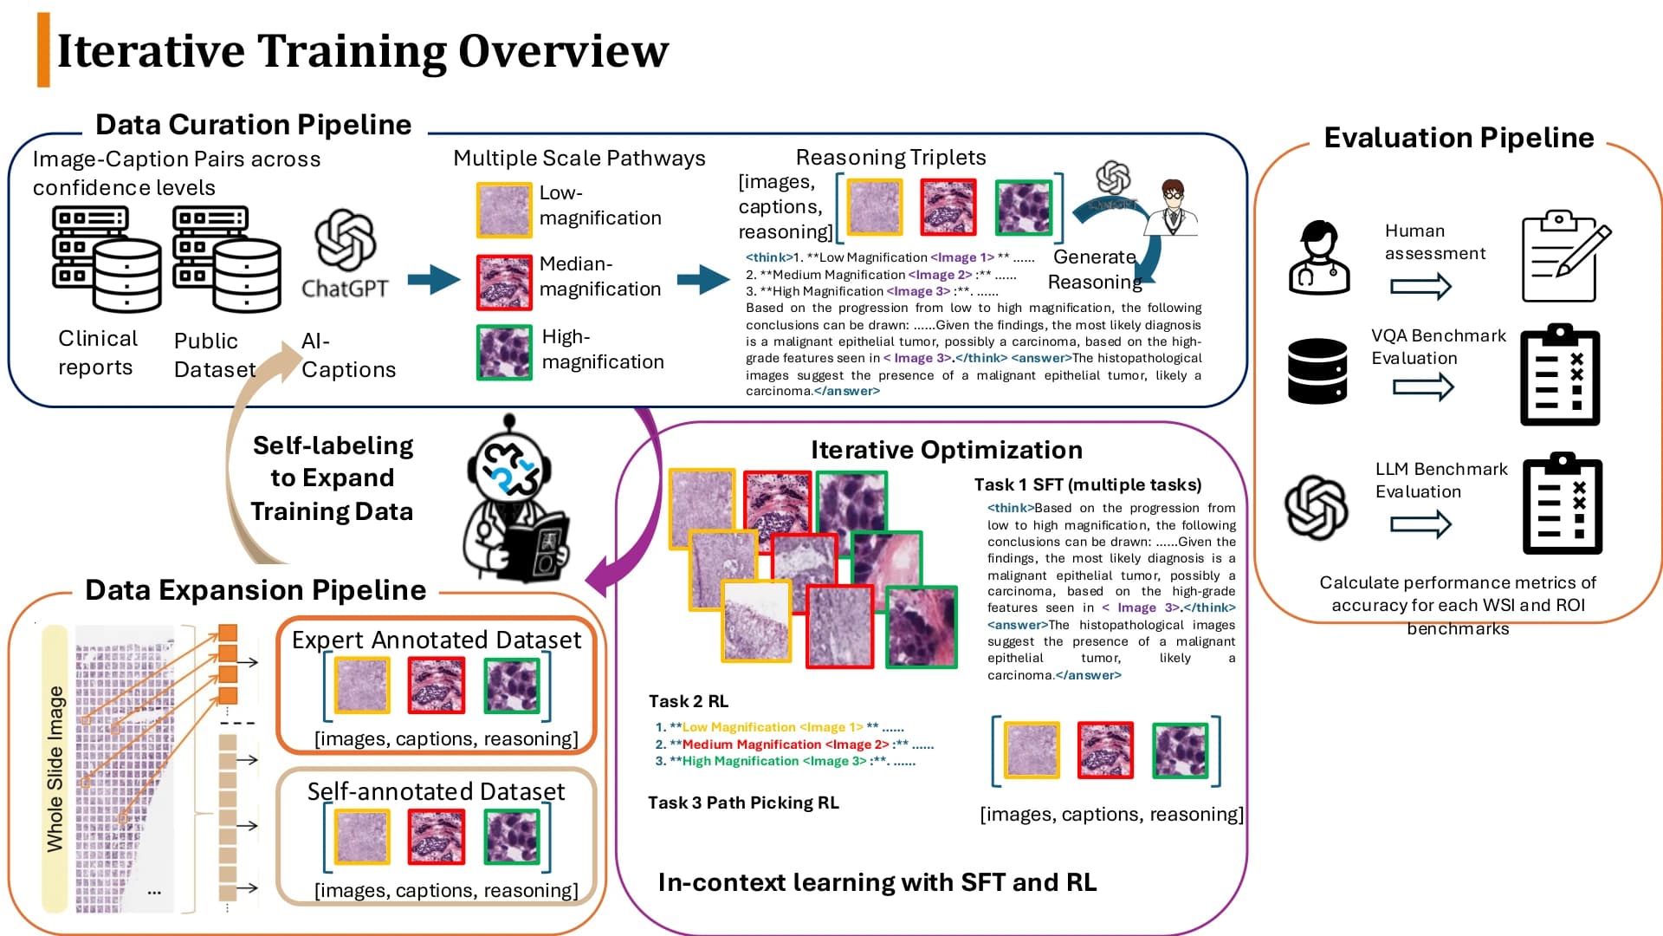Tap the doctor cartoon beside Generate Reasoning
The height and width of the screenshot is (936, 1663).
[x=1171, y=208]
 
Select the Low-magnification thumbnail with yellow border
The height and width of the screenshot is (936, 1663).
[x=504, y=210]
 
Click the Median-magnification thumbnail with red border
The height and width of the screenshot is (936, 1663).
[x=504, y=283]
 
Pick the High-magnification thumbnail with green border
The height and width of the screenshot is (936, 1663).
[x=504, y=352]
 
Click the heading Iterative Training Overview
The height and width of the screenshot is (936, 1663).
[x=363, y=50]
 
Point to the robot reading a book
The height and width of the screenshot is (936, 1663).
[x=517, y=500]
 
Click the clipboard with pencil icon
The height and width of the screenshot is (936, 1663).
[x=1566, y=257]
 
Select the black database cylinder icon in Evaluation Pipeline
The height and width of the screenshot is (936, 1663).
[x=1317, y=371]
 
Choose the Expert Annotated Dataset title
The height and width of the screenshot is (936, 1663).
[x=437, y=640]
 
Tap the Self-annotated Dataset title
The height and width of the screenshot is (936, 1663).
[x=437, y=791]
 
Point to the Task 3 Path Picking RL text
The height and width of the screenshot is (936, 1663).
[x=743, y=803]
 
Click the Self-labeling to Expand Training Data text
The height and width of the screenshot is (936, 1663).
[x=333, y=478]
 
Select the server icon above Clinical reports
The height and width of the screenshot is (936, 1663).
[x=107, y=259]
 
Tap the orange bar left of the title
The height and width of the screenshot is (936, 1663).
[x=43, y=50]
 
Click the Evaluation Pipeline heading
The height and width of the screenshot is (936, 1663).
[x=1459, y=138]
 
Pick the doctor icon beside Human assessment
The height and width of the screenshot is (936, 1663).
[x=1319, y=257]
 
